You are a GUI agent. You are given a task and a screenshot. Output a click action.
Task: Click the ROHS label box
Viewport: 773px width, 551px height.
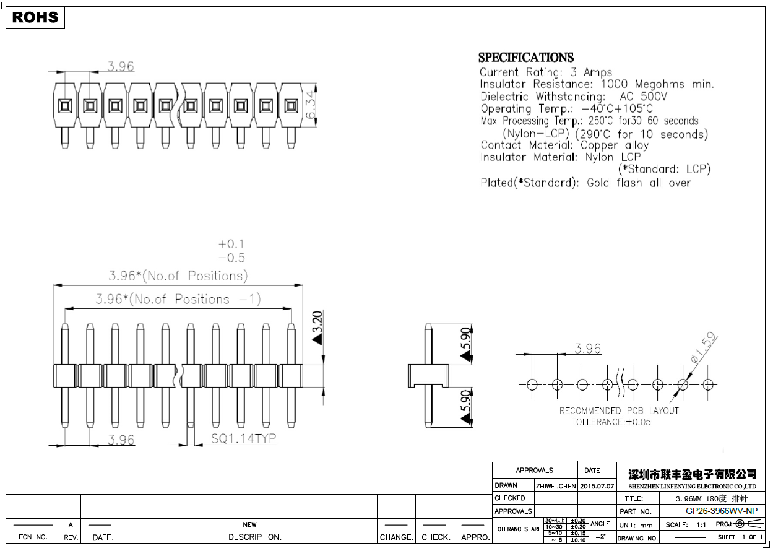pyautogui.click(x=35, y=18)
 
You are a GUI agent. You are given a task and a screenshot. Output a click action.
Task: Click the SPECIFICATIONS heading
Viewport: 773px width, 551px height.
pyautogui.click(x=526, y=58)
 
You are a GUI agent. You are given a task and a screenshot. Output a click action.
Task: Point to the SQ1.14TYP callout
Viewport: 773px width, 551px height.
pyautogui.click(x=244, y=439)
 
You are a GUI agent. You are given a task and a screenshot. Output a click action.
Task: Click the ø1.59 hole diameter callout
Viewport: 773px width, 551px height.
pyautogui.click(x=704, y=347)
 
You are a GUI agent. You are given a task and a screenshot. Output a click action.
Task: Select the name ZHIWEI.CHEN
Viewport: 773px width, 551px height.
pyautogui.click(x=555, y=486)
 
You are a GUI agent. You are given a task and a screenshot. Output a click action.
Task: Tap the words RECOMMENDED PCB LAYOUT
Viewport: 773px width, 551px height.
pyautogui.click(x=619, y=411)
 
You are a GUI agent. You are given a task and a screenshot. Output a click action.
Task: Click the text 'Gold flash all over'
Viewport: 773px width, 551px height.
pyautogui.click(x=639, y=183)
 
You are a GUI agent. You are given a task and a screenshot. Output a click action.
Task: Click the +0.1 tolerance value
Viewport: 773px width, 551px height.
pyautogui.click(x=231, y=244)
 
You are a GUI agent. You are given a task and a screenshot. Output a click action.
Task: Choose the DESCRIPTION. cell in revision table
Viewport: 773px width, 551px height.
pyautogui.click(x=255, y=537)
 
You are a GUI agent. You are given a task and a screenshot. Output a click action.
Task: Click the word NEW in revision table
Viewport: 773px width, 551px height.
pyautogui.click(x=249, y=524)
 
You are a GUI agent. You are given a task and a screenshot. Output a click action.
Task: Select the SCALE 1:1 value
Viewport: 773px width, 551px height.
pyautogui.click(x=701, y=525)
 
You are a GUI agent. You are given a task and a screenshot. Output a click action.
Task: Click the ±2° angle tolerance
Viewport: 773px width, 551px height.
pyautogui.click(x=600, y=536)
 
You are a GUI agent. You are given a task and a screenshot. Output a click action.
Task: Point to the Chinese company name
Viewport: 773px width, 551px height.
pyautogui.click(x=692, y=474)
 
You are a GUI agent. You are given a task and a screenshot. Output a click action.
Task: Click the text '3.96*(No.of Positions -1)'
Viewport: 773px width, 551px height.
pyautogui.click(x=178, y=300)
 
